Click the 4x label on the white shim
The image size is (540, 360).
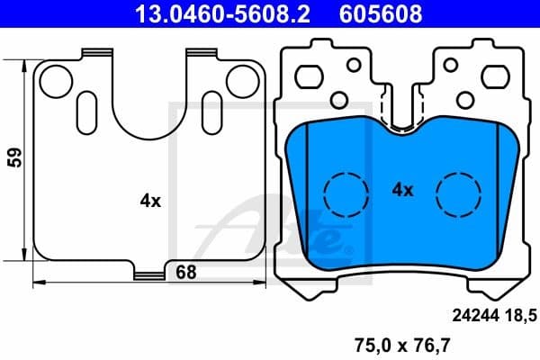[x=149, y=202]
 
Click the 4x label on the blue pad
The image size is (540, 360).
[x=401, y=190]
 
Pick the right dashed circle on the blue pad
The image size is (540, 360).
[x=457, y=192]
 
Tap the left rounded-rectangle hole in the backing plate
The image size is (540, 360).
[x=312, y=76]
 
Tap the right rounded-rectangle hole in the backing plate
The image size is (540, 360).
[x=487, y=76]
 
